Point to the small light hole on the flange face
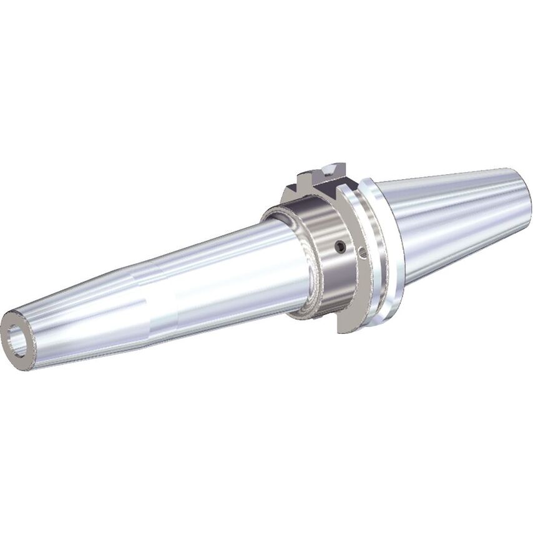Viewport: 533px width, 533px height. coord(363,253)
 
